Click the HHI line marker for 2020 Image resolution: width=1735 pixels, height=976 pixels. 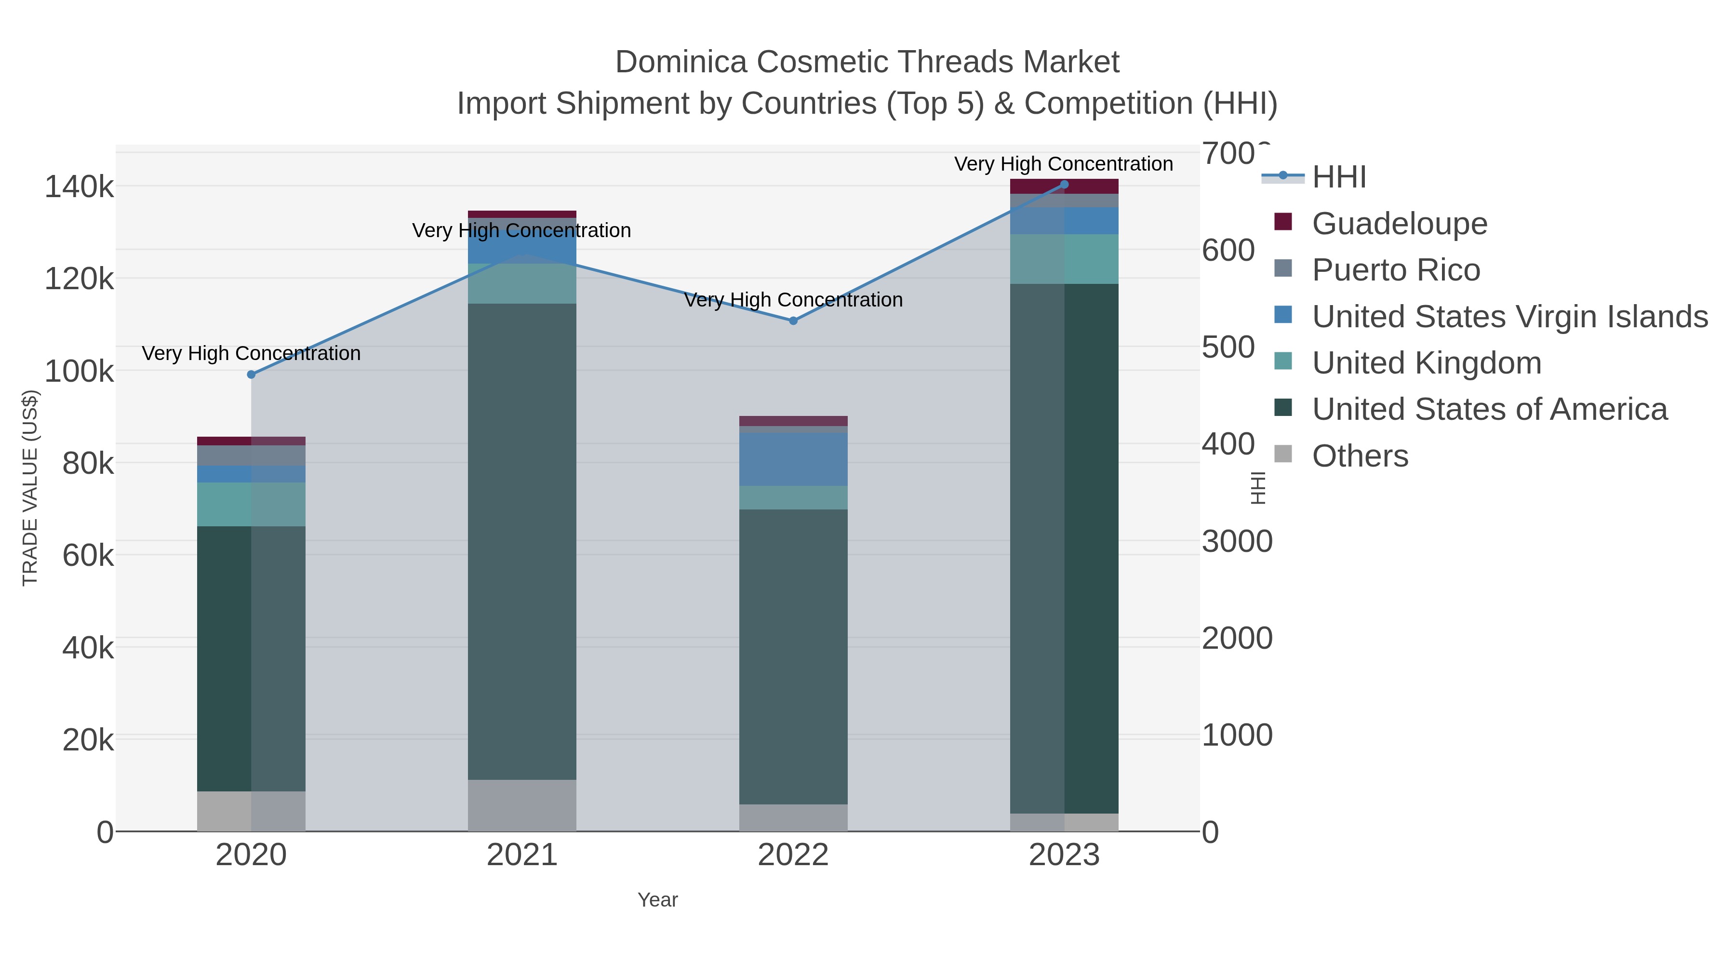251,374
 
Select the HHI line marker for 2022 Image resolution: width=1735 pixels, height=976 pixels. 793,321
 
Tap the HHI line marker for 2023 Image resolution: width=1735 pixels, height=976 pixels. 1064,185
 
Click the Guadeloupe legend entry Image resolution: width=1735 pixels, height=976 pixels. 1399,224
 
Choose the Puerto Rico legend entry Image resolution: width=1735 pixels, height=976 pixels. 1396,270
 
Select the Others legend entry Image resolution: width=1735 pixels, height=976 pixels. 1359,456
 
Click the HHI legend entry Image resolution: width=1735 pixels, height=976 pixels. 1338,177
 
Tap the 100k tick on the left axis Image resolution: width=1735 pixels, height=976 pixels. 80,371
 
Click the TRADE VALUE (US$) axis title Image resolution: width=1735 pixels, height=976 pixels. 30,488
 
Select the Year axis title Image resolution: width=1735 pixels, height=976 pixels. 657,900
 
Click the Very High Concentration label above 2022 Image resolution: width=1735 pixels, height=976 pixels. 793,300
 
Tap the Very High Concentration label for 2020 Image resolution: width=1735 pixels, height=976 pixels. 251,354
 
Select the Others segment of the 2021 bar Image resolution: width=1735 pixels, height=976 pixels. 522,805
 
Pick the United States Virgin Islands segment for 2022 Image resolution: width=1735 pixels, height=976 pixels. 793,459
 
